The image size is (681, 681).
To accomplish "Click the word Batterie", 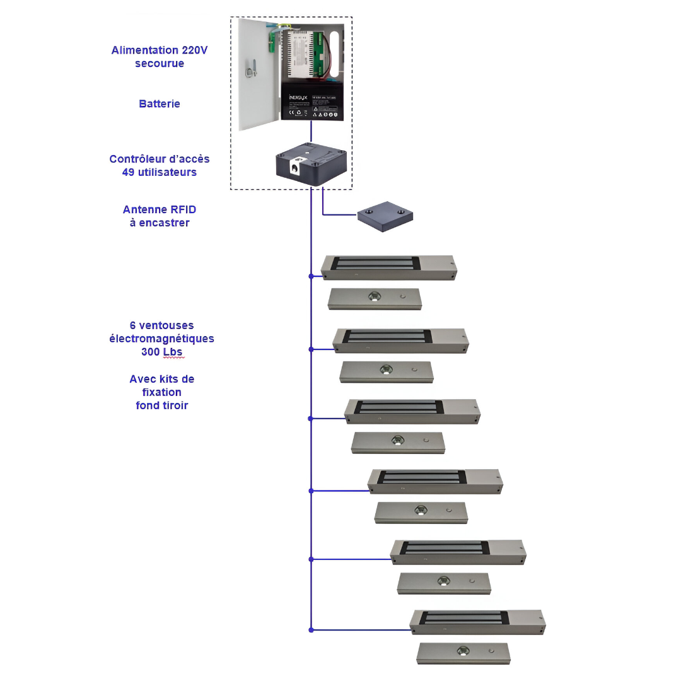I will coord(160,104).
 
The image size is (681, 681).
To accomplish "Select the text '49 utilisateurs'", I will coord(160,172).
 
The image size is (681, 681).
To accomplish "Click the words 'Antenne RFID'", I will coord(160,210).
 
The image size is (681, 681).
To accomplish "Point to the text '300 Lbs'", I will coord(162,352).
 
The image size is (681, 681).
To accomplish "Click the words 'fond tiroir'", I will coord(162,405).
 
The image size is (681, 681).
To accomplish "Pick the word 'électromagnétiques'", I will coord(162,339).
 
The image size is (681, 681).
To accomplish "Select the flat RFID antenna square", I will coord(385,216).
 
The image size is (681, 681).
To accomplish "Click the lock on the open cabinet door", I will coord(250,69).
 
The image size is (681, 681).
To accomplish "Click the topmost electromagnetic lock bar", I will coord(388,267).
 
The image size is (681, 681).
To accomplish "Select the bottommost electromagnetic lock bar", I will coord(477,621).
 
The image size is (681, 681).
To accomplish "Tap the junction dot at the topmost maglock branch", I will coord(311,276).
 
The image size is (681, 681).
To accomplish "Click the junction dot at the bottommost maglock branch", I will coord(311,629).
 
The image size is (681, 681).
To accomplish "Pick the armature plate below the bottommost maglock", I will coord(463,653).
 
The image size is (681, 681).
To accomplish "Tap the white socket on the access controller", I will coord(294,168).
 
